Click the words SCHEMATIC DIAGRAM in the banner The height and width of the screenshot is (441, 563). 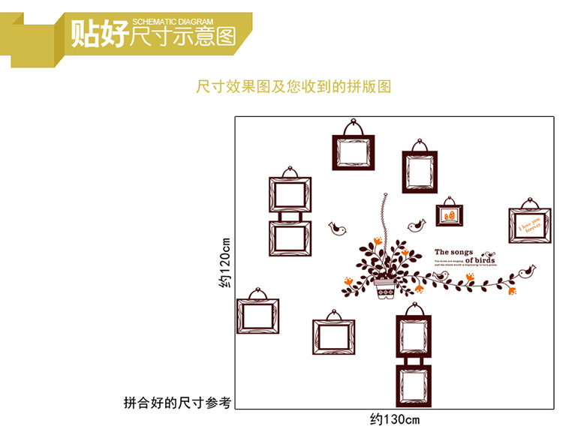173,22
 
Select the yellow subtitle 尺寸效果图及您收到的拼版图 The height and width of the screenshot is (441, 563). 294,87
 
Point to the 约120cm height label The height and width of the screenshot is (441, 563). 224,262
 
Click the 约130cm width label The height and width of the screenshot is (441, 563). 395,418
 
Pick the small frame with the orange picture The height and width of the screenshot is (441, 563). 449,214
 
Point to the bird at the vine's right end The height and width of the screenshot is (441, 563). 528,271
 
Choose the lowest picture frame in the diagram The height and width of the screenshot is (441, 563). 414,382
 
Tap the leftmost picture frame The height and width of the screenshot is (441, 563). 257,315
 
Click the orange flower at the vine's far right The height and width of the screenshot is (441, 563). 513,289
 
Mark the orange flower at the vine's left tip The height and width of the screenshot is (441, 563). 349,280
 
